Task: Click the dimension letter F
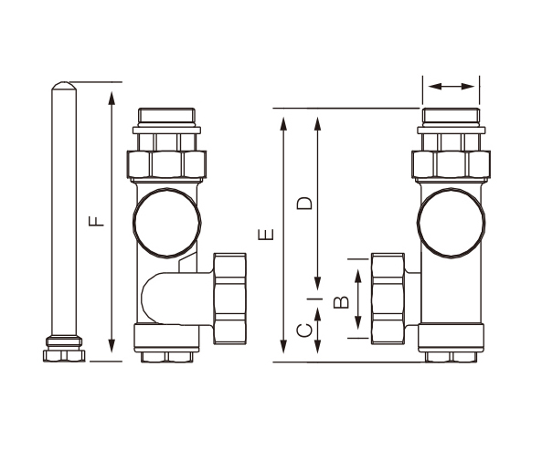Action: click(97, 221)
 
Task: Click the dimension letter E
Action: click(266, 235)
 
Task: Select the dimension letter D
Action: click(304, 204)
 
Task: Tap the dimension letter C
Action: click(304, 330)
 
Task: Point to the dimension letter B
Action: click(341, 302)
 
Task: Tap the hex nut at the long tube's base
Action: click(64, 356)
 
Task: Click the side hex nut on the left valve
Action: click(229, 299)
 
